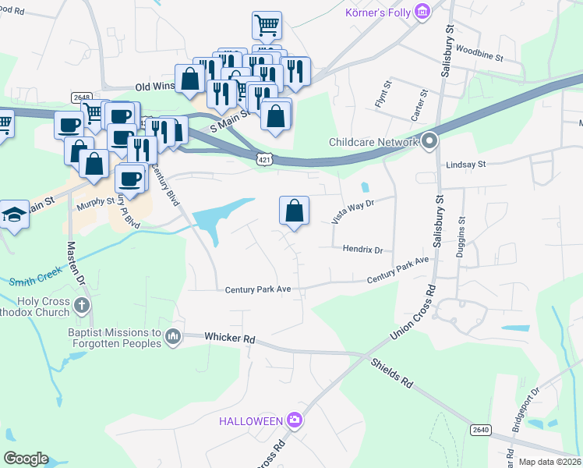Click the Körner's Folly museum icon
click(x=422, y=11)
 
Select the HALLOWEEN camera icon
click(x=294, y=420)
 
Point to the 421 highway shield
click(x=266, y=158)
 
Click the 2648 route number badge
click(x=81, y=97)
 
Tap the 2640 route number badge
click(x=480, y=430)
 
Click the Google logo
click(x=26, y=458)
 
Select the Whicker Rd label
click(x=230, y=338)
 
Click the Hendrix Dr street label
click(x=363, y=250)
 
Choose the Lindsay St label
click(x=465, y=165)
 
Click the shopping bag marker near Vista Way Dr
click(x=295, y=211)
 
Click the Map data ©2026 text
click(x=549, y=462)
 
